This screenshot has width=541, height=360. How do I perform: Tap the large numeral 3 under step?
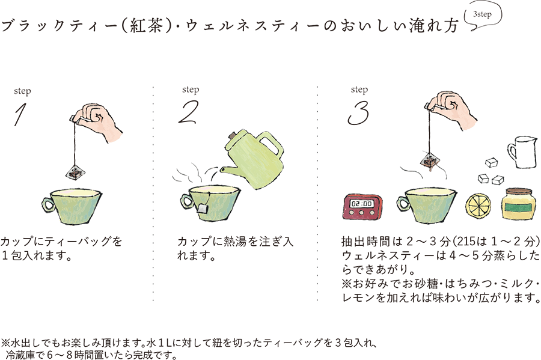[x=358, y=112]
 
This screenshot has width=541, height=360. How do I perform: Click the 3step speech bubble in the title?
[x=484, y=14]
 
